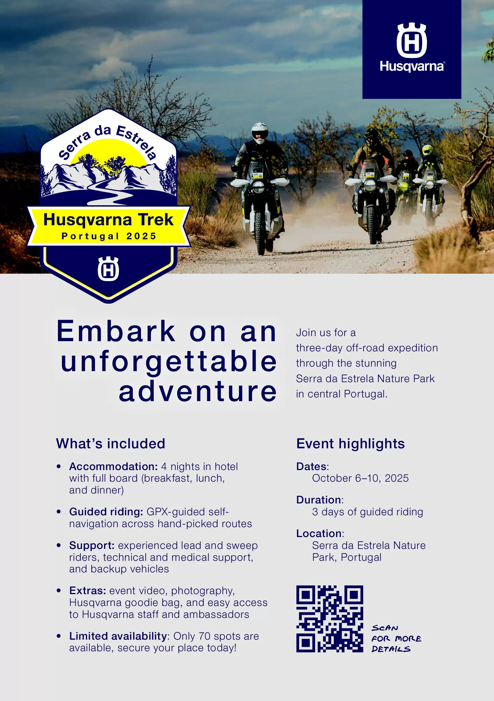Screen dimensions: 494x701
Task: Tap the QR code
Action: click(x=330, y=618)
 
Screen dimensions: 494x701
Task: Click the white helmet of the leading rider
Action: click(x=260, y=133)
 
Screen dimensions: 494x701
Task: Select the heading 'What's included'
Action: click(x=110, y=443)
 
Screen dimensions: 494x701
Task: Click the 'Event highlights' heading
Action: click(x=350, y=443)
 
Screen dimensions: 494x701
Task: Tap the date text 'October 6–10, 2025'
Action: click(x=360, y=478)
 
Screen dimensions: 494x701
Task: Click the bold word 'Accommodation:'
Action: click(x=114, y=466)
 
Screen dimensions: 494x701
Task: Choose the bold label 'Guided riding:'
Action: click(x=106, y=512)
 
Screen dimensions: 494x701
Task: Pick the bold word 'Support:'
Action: click(x=92, y=546)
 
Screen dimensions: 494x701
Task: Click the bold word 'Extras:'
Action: click(x=88, y=591)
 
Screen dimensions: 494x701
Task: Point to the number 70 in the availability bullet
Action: click(x=205, y=636)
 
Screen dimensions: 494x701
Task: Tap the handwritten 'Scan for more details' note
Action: click(x=396, y=639)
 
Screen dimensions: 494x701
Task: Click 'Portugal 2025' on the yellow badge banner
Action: click(x=109, y=236)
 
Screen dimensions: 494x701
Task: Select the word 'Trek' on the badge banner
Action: click(x=156, y=220)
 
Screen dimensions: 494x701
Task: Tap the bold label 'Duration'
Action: click(x=319, y=500)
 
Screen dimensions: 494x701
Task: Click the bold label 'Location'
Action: click(x=319, y=533)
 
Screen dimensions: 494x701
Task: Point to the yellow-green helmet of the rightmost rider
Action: click(x=427, y=150)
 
